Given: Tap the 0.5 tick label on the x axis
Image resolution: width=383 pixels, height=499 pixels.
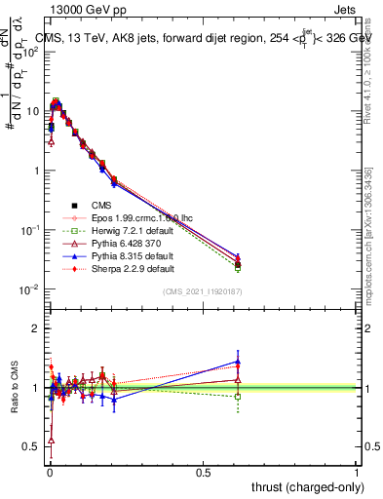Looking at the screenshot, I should pos(203,472).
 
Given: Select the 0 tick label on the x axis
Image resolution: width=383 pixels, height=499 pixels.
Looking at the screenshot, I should pos(50,472).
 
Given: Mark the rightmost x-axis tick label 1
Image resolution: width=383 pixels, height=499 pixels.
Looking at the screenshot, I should pos(356,472).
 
